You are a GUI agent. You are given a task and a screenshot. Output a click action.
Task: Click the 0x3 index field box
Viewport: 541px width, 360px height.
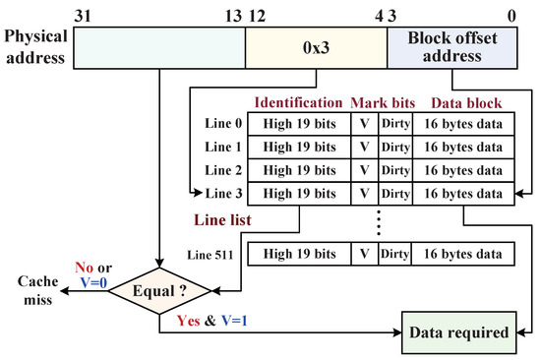(x=316, y=46)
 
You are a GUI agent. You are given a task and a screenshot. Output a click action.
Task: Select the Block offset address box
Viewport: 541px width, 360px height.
(x=450, y=46)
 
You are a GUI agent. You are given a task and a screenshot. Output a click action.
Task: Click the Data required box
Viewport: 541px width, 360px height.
(x=458, y=332)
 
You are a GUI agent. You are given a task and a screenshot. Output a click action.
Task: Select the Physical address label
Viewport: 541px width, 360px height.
(x=35, y=46)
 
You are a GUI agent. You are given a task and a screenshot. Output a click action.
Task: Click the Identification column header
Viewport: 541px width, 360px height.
(x=296, y=102)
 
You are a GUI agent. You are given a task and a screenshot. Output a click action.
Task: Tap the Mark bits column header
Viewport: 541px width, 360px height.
(x=382, y=102)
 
